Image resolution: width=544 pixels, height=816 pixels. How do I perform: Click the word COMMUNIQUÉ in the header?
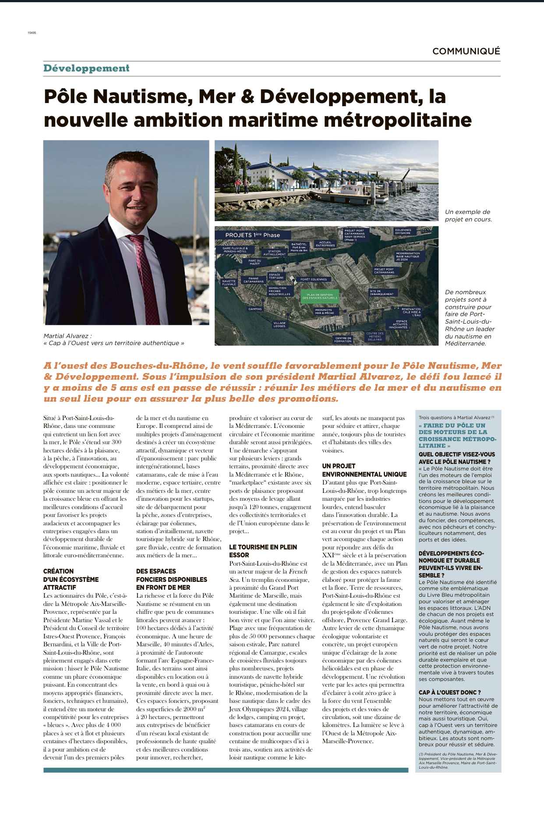[466, 51]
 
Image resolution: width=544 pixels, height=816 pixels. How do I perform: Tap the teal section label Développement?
[86, 68]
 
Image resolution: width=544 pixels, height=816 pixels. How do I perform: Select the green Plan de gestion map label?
[320, 296]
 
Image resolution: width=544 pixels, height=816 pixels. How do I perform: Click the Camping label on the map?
[255, 309]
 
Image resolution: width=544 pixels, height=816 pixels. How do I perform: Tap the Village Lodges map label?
[279, 324]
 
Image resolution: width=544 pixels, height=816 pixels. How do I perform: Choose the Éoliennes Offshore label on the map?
[403, 231]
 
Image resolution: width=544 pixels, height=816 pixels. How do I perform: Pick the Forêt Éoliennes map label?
[314, 279]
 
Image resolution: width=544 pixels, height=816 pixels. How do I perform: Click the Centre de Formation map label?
[343, 339]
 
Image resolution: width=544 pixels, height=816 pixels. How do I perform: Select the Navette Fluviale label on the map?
[229, 282]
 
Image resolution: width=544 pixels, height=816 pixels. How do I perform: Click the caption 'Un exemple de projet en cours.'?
[468, 215]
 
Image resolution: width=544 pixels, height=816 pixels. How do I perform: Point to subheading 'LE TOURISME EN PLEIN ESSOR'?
[263, 551]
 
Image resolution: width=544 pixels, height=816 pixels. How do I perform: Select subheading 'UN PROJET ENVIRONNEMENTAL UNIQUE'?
[364, 470]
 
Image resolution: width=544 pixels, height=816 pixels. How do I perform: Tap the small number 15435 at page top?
[32, 33]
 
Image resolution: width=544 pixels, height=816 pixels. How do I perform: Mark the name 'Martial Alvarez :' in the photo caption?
[67, 336]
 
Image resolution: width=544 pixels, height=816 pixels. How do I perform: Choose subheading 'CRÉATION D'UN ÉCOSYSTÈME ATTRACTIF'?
[71, 579]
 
